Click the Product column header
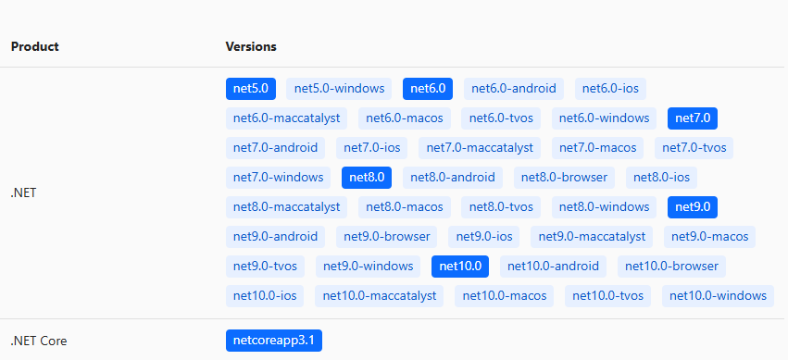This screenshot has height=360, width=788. (x=35, y=46)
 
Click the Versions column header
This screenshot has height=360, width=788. (x=251, y=46)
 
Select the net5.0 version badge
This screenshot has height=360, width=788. (x=251, y=89)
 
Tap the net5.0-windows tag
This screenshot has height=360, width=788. (x=340, y=89)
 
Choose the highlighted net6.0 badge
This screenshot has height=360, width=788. (x=428, y=89)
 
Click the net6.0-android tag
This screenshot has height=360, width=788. (x=514, y=89)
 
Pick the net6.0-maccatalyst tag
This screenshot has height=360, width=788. (x=287, y=118)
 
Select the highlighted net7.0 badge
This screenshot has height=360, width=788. (x=693, y=118)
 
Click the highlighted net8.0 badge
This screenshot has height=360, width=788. (x=367, y=177)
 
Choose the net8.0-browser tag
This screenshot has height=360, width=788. (x=564, y=177)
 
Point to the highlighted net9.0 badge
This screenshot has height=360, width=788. (x=693, y=206)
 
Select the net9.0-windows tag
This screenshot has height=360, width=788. (x=368, y=267)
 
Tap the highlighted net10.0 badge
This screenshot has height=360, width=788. (x=460, y=267)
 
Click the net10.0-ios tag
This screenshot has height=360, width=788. (x=265, y=296)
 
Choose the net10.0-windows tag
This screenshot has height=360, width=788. (x=718, y=296)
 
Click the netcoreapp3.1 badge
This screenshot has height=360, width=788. (x=274, y=341)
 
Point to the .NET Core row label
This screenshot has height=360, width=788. (x=39, y=341)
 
